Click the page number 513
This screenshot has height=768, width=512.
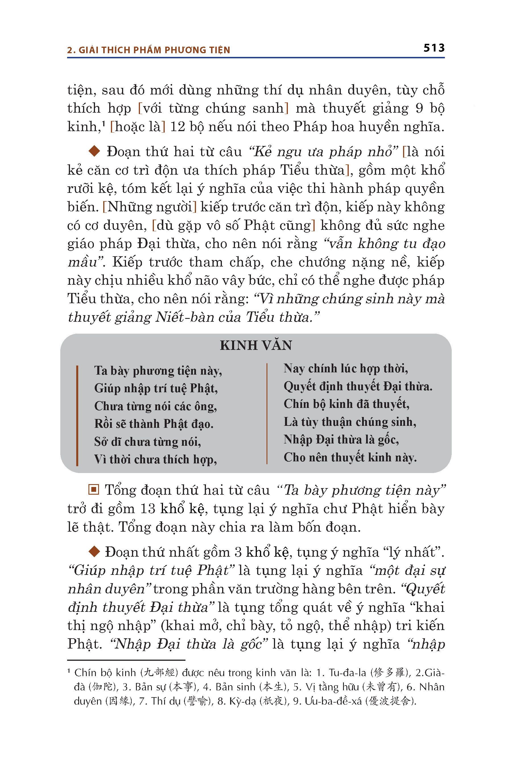coord(434,48)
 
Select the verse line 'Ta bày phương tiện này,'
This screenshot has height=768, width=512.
coord(158,371)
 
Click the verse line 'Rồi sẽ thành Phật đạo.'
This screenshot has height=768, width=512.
coord(154,424)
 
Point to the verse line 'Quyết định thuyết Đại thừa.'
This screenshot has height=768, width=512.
coord(358,386)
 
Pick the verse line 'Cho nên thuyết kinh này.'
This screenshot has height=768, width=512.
coord(350,457)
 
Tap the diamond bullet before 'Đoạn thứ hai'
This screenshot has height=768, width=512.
coord(94,151)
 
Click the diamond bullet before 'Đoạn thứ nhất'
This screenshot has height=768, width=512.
coord(94,552)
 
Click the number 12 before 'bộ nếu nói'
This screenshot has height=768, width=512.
coord(177,127)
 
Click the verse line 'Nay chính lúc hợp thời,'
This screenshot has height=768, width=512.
coord(346,369)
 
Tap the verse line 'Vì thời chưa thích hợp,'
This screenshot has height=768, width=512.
coord(155,459)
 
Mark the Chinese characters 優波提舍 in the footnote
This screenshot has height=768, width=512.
coord(391,701)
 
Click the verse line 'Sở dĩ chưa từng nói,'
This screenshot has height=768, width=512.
coord(148,442)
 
